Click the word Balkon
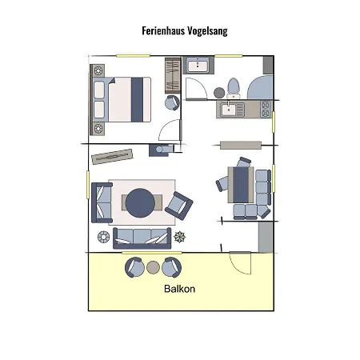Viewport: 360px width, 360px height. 179,289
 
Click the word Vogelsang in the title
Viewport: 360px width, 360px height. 207,31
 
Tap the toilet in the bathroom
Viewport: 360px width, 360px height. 234,88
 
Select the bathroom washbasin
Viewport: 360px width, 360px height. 198,66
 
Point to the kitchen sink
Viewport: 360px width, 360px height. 229,110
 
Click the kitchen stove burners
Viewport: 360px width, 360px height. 266,110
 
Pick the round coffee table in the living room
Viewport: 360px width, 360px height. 140,203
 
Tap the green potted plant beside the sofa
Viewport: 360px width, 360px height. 180,237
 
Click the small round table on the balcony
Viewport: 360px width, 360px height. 153,267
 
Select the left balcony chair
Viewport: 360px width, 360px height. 134,267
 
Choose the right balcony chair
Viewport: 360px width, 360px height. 172,267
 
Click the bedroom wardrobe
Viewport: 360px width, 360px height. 173,75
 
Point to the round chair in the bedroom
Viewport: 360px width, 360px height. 172,102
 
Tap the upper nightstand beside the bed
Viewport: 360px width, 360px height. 98,70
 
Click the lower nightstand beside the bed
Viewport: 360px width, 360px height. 98,129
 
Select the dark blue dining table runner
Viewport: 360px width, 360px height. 240,185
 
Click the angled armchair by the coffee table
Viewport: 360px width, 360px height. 179,206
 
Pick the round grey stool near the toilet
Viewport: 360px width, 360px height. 219,93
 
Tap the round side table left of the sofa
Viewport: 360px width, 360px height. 103,237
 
